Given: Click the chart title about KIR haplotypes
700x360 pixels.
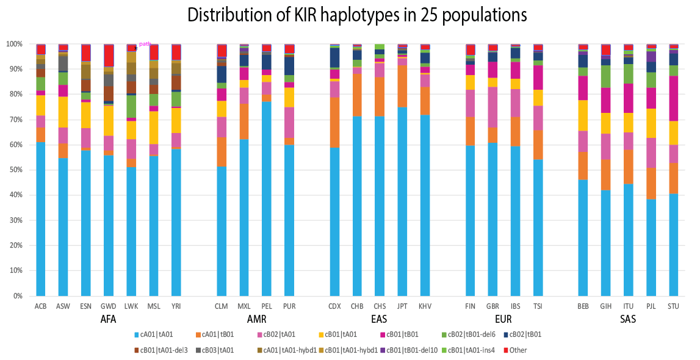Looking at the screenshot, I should [x=357, y=15].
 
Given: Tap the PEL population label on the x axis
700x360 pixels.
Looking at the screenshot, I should [x=266, y=306].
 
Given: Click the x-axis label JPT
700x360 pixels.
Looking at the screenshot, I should [x=402, y=306].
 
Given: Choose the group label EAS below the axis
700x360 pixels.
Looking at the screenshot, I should [x=378, y=319].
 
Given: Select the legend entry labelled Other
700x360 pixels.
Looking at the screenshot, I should [x=516, y=350].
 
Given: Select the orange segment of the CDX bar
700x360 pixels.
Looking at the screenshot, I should [x=334, y=122].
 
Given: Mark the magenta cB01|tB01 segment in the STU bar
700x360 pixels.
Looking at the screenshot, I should [x=674, y=98].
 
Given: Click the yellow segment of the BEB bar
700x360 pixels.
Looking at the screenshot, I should [x=583, y=115].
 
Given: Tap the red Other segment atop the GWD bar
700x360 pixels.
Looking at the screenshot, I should [x=109, y=55].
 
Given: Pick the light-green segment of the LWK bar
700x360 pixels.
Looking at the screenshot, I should [x=131, y=106].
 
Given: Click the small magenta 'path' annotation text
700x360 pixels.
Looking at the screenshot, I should [x=145, y=44].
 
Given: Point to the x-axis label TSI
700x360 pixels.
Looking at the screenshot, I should [x=538, y=306].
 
